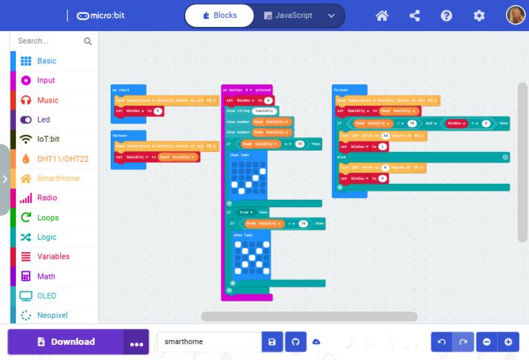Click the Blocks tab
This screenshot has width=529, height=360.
pyautogui.click(x=220, y=15)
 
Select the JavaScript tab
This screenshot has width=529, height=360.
pyautogui.click(x=288, y=15)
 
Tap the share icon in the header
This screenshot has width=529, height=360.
pyautogui.click(x=415, y=15)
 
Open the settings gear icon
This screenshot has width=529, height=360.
pyautogui.click(x=479, y=15)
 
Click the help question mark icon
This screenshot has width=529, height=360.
pyautogui.click(x=446, y=15)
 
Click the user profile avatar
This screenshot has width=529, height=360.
pyautogui.click(x=515, y=15)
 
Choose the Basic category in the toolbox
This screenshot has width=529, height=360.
pyautogui.click(x=47, y=61)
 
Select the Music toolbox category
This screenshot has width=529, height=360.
pyautogui.click(x=48, y=100)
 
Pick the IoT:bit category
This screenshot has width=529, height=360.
pyautogui.click(x=48, y=138)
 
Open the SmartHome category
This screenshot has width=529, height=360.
pyautogui.click(x=58, y=178)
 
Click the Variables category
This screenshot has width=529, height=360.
pyautogui.click(x=53, y=256)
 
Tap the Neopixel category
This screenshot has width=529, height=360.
pyautogui.click(x=52, y=315)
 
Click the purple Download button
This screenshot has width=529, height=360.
pyautogui.click(x=65, y=341)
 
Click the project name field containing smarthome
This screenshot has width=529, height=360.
pyautogui.click(x=209, y=341)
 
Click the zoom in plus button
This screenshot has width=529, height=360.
pyautogui.click(x=508, y=341)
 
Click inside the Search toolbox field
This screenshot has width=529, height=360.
pyautogui.click(x=48, y=41)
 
